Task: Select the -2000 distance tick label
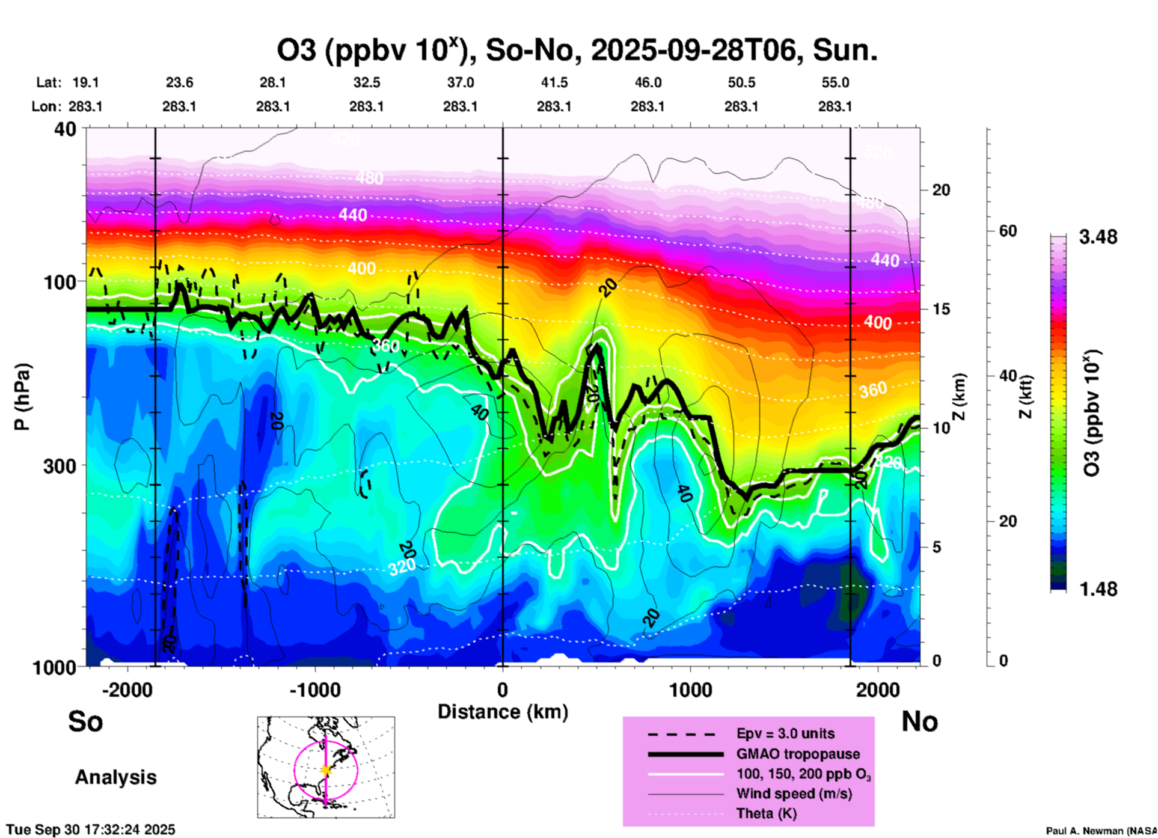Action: (x=127, y=690)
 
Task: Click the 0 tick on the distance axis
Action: (x=503, y=690)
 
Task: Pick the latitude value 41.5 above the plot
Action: (x=554, y=83)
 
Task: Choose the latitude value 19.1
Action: (x=85, y=83)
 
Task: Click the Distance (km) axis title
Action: (x=503, y=712)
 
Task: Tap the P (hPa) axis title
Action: (x=22, y=397)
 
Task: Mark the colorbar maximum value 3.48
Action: (x=1098, y=237)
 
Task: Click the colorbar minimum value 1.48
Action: (x=1098, y=589)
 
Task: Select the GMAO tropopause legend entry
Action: (x=798, y=754)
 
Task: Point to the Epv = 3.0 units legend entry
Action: (x=785, y=734)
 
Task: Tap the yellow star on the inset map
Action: (x=326, y=770)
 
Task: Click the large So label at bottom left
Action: (x=85, y=721)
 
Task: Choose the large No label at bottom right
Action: (x=919, y=721)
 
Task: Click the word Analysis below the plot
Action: (x=115, y=777)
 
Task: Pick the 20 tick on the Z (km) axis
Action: (x=941, y=190)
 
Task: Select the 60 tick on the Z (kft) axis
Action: (x=1008, y=231)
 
